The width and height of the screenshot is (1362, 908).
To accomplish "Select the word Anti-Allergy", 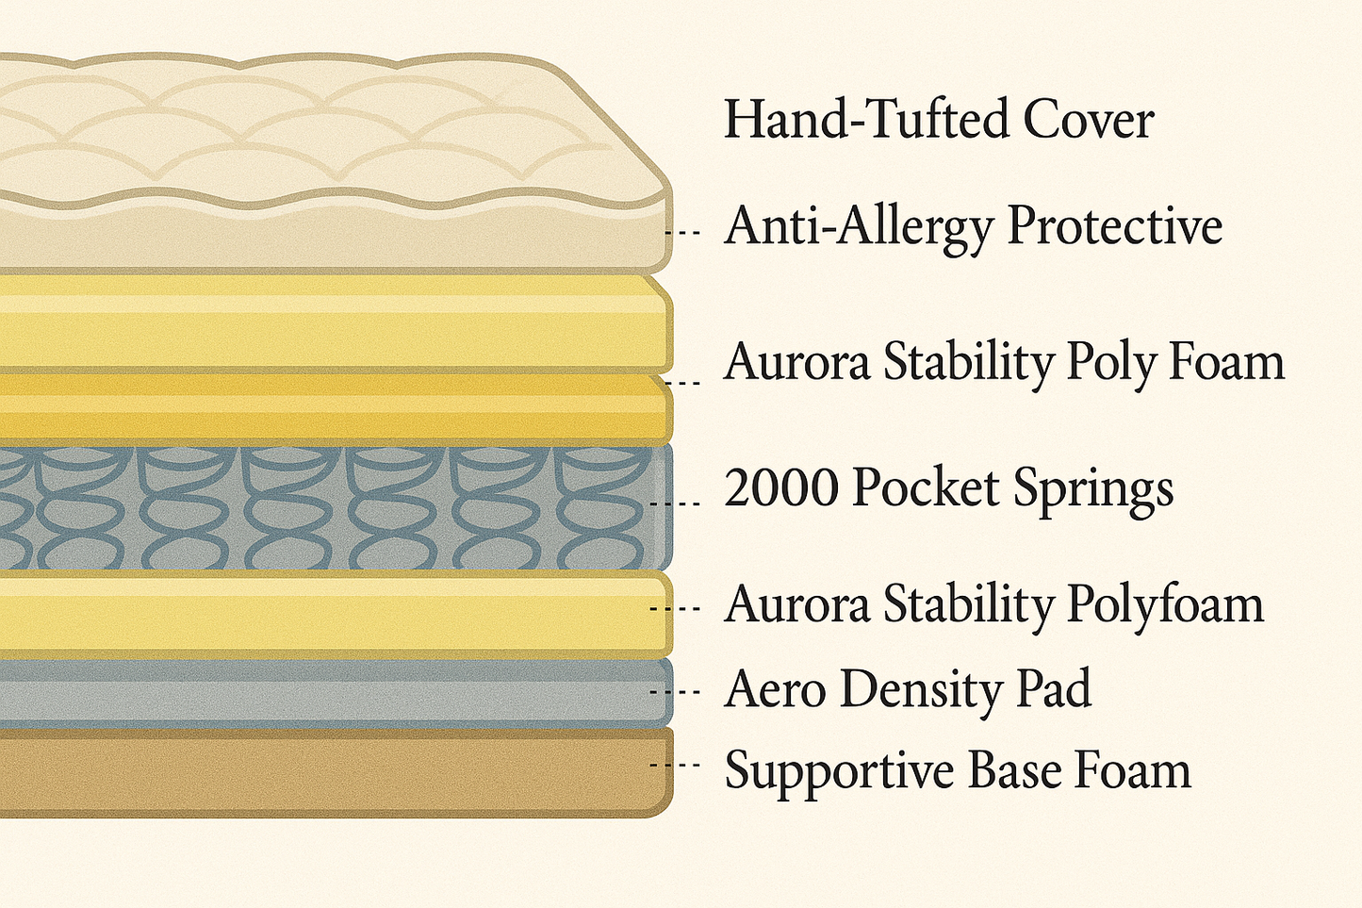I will (859, 227).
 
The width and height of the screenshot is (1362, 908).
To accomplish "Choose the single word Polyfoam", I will (1165, 605).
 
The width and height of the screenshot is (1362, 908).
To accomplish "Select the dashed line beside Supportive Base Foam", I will (675, 765).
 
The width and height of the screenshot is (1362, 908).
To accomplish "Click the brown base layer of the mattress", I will (330, 771).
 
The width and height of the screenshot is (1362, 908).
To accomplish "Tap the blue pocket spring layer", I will (330, 507).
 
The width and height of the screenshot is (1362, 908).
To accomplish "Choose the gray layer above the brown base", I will (330, 692).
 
